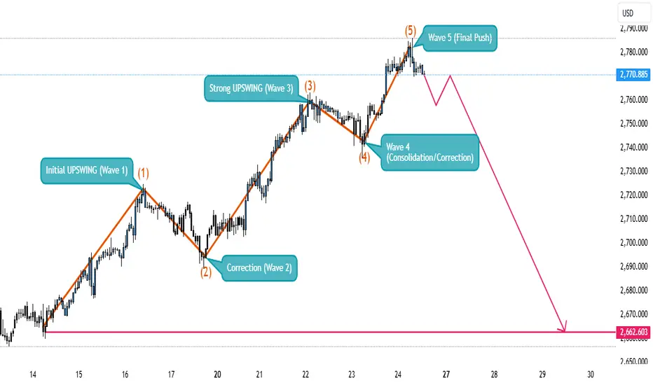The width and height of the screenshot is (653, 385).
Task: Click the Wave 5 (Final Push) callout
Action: (x=460, y=38)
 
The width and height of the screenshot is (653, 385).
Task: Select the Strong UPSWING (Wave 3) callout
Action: (x=251, y=88)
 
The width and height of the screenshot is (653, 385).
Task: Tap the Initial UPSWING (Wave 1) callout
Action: (x=87, y=170)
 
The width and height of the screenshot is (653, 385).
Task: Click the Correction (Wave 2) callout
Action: (x=259, y=267)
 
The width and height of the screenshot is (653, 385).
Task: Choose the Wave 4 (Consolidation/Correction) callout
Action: (x=429, y=153)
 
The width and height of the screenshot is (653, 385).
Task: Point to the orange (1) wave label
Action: (x=143, y=173)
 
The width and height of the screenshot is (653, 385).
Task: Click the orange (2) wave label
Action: (x=206, y=272)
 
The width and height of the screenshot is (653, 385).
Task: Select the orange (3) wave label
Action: (x=310, y=86)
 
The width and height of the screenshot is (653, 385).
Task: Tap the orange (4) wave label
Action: (x=364, y=157)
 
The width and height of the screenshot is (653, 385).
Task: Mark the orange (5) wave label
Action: (x=411, y=30)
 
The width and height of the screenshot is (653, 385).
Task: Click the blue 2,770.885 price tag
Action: (x=633, y=75)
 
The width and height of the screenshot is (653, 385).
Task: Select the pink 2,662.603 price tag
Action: (x=633, y=332)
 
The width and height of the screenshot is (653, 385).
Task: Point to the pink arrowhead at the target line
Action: (x=563, y=327)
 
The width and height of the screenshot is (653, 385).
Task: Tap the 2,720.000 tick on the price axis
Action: (x=634, y=195)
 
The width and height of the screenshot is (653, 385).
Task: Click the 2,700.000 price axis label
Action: (x=634, y=242)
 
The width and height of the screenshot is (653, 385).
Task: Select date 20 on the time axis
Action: (x=217, y=374)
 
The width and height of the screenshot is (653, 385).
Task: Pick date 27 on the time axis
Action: (x=446, y=374)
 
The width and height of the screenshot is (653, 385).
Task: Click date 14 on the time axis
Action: (x=33, y=374)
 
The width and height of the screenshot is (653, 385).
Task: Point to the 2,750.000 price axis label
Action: (x=634, y=123)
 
